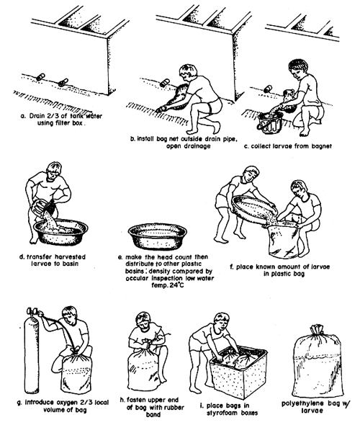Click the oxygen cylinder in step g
click(32, 352)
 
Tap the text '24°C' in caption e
click(177, 285)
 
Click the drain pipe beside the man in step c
click(267, 89)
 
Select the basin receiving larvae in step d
click(60, 232)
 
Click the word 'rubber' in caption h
click(173, 408)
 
